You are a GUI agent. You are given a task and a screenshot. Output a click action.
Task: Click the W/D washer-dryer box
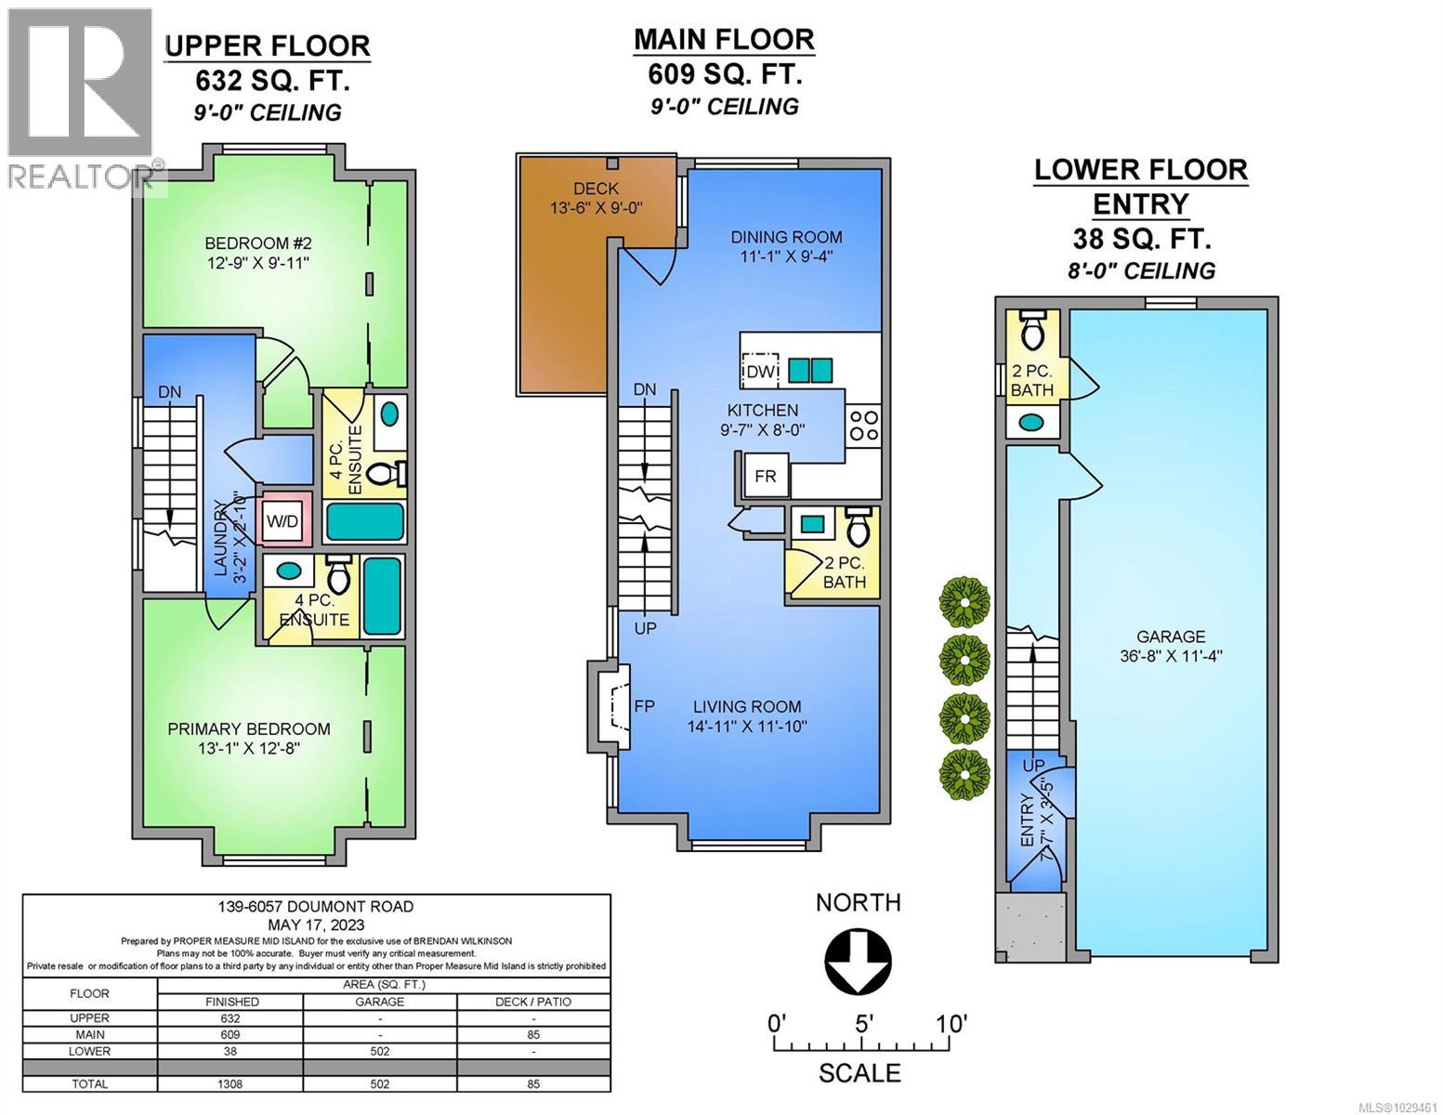[x=283, y=520]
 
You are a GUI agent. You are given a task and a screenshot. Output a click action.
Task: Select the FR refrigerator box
[x=765, y=476]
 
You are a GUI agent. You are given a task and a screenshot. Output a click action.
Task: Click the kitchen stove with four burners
[x=863, y=425]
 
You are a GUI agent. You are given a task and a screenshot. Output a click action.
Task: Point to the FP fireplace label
[x=644, y=706]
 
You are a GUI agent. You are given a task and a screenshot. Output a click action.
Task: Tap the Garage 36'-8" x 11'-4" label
[x=1170, y=646]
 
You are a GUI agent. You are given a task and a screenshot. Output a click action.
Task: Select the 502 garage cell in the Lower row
[x=380, y=1051]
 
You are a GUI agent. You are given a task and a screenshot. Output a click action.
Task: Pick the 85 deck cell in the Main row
[x=533, y=1034]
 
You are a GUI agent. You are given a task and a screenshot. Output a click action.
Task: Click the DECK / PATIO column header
[x=533, y=1002]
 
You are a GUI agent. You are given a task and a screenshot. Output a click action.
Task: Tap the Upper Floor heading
[x=267, y=45]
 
